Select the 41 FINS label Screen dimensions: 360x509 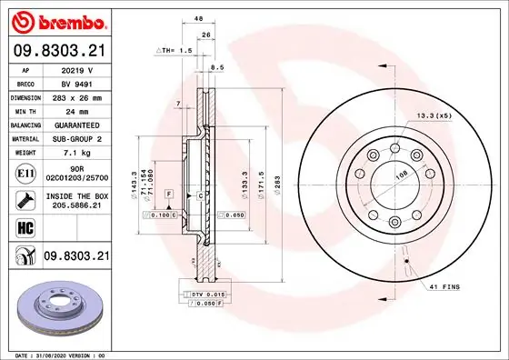point(435,287)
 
